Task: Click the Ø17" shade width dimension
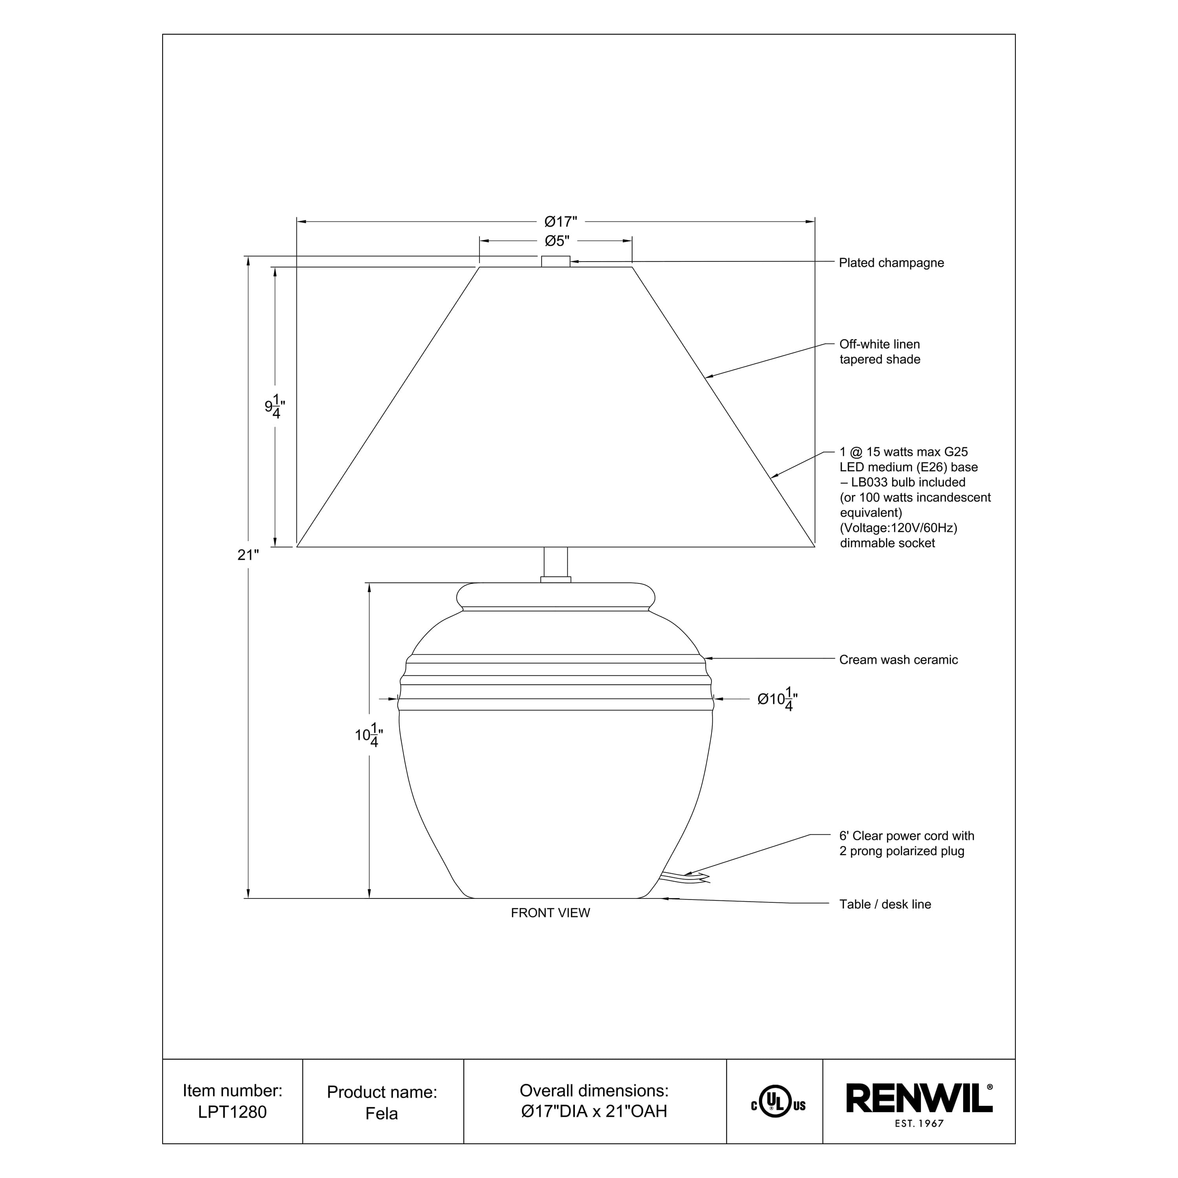tap(560, 221)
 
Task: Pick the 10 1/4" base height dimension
tap(369, 735)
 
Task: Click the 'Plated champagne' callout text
tap(891, 263)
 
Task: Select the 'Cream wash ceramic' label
tap(898, 660)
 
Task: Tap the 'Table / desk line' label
tap(885, 904)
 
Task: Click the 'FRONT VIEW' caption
tap(550, 913)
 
